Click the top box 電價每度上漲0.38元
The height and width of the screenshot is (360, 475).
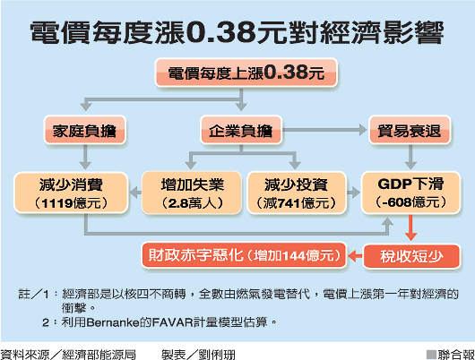tap(246, 73)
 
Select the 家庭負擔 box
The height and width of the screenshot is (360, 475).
tap(85, 130)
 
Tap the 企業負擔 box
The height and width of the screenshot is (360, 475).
tap(241, 130)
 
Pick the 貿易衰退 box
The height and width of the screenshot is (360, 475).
tap(410, 130)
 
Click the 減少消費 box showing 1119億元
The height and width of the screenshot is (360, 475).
tap(71, 193)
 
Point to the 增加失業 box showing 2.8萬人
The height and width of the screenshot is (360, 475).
tap(192, 193)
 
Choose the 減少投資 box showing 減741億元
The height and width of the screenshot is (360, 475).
tap(297, 193)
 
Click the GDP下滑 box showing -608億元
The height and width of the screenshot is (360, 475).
tap(410, 193)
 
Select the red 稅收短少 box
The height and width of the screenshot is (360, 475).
tap(411, 256)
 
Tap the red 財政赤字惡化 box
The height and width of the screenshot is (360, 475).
tap(244, 255)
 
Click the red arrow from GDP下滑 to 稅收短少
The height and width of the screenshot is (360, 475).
tap(410, 227)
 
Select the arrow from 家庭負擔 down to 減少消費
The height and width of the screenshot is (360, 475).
tap(85, 157)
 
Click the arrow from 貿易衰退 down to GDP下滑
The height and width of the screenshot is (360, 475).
tap(410, 157)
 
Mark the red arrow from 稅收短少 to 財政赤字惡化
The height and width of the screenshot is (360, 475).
tap(355, 256)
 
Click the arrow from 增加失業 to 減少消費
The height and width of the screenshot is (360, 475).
tap(135, 193)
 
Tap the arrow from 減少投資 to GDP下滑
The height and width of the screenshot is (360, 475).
tap(353, 193)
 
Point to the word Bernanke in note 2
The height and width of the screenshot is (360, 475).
tap(113, 322)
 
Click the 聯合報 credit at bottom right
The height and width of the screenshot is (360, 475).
tap(456, 355)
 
